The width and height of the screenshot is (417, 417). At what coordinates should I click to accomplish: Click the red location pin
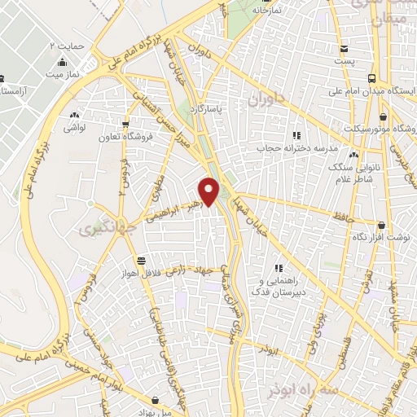click(x=209, y=191)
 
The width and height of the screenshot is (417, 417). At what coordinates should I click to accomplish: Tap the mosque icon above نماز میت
click(x=62, y=63)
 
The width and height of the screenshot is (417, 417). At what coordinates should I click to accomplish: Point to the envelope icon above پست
click(x=344, y=48)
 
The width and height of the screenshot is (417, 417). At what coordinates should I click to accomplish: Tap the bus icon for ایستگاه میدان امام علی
click(x=372, y=79)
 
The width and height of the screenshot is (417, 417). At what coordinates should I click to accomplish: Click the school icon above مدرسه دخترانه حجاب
click(x=296, y=135)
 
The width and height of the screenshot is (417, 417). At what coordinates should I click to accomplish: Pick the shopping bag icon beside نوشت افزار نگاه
click(x=380, y=225)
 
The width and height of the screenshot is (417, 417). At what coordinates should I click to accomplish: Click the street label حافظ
click(x=342, y=215)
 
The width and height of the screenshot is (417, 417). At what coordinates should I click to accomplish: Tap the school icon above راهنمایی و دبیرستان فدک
click(x=279, y=267)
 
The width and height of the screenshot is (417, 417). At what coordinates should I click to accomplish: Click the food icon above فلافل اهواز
click(x=142, y=261)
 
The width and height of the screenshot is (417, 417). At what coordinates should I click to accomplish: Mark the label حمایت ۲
click(x=67, y=46)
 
